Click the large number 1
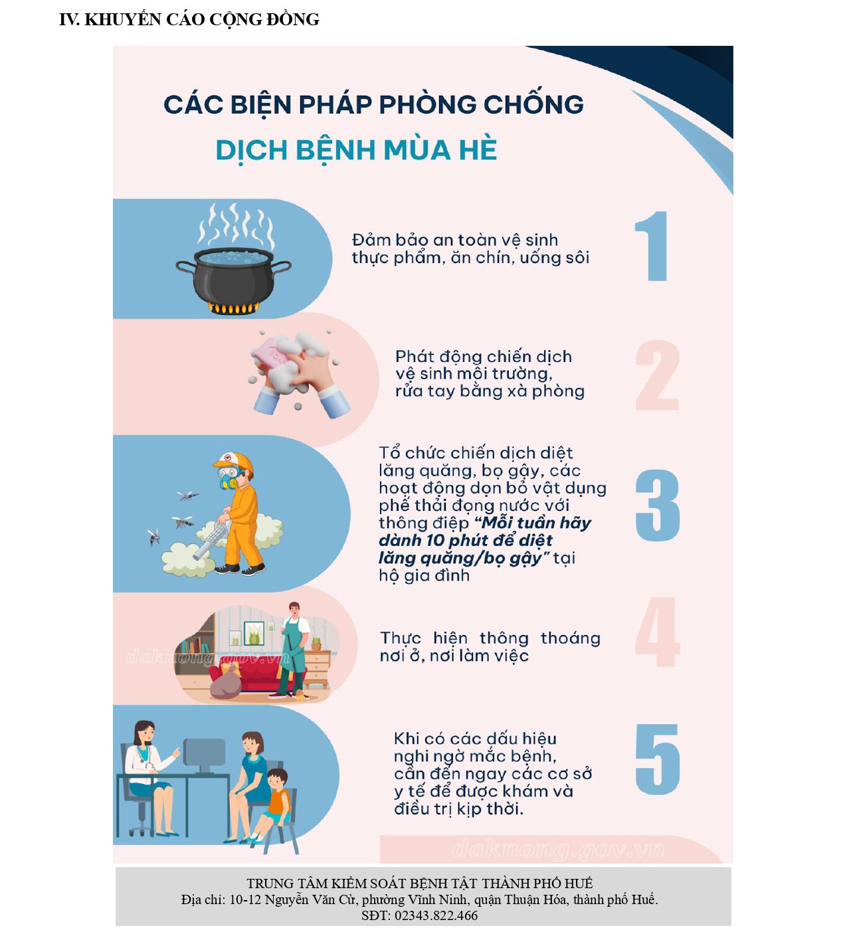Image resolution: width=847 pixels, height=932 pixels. click(x=652, y=246)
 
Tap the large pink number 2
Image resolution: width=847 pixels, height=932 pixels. click(x=657, y=375)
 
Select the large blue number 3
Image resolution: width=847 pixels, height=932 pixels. click(x=657, y=505)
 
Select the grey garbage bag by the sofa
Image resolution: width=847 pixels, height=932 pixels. click(x=225, y=686)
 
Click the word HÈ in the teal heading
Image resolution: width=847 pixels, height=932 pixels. click(x=478, y=149)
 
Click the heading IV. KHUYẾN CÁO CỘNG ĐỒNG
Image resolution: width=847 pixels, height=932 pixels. click(x=189, y=19)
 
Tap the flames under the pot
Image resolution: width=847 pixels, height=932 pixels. click(x=233, y=308)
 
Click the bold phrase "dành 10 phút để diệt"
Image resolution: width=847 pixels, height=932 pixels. click(x=465, y=540)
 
